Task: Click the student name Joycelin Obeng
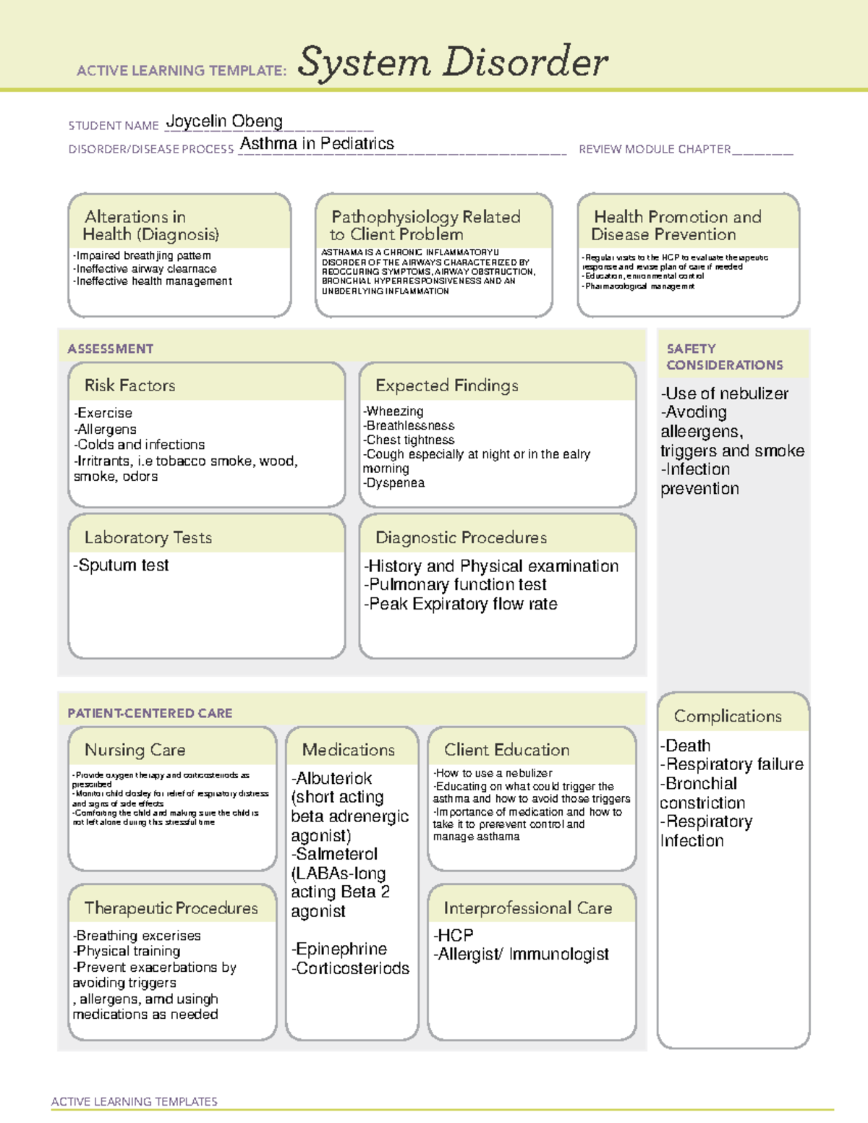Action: (224, 121)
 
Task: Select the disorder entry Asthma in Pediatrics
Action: (317, 144)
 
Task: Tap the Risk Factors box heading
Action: (129, 385)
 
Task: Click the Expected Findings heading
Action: (446, 385)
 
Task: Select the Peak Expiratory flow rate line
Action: (461, 605)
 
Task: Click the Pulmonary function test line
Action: (456, 585)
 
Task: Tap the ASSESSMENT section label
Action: (111, 349)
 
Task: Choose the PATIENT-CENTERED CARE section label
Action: (150, 713)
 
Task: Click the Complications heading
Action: (728, 716)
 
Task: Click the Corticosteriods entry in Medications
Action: (351, 968)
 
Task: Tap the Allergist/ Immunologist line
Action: (522, 955)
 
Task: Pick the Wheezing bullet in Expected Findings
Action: (393, 411)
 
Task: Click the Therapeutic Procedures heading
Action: (171, 908)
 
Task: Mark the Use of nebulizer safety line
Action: (725, 394)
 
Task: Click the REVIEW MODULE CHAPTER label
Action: (654, 149)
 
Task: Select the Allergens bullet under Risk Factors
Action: (106, 430)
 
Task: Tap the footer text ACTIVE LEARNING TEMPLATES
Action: (135, 1101)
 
